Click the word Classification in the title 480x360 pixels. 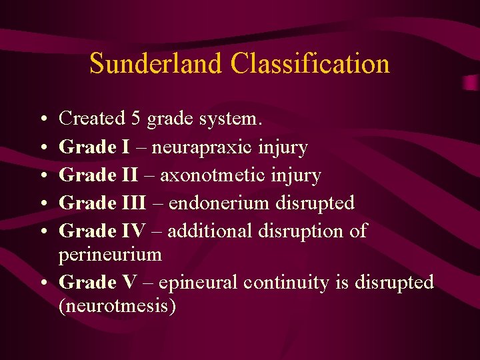[x=310, y=64]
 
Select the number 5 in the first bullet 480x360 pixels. [x=135, y=119]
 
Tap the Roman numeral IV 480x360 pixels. [x=133, y=231]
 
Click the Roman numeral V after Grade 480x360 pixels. [x=129, y=283]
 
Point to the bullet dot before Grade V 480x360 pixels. [x=43, y=283]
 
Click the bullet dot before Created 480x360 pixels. [x=43, y=119]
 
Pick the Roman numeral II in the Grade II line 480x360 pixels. [x=129, y=175]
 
